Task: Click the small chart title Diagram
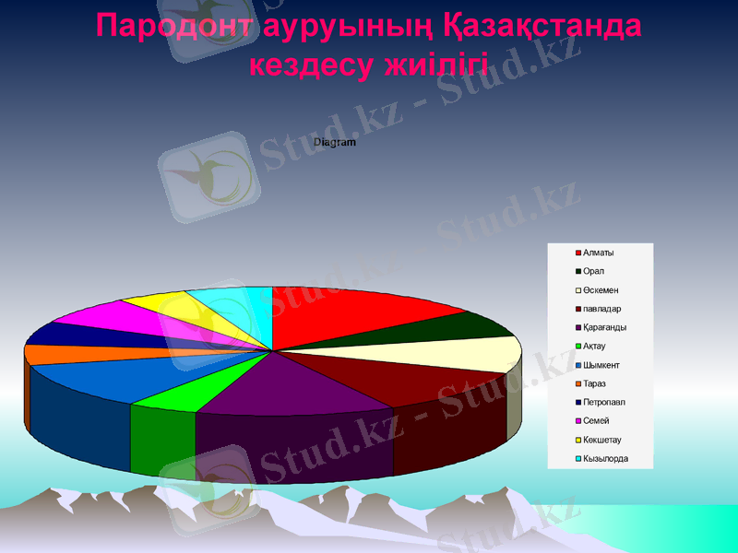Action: pyautogui.click(x=335, y=143)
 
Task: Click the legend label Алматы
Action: pyautogui.click(x=599, y=253)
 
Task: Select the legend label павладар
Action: pyautogui.click(x=602, y=309)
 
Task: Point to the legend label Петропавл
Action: pyautogui.click(x=604, y=402)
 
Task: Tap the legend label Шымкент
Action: pyautogui.click(x=602, y=365)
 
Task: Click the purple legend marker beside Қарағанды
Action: pyautogui.click(x=578, y=327)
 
